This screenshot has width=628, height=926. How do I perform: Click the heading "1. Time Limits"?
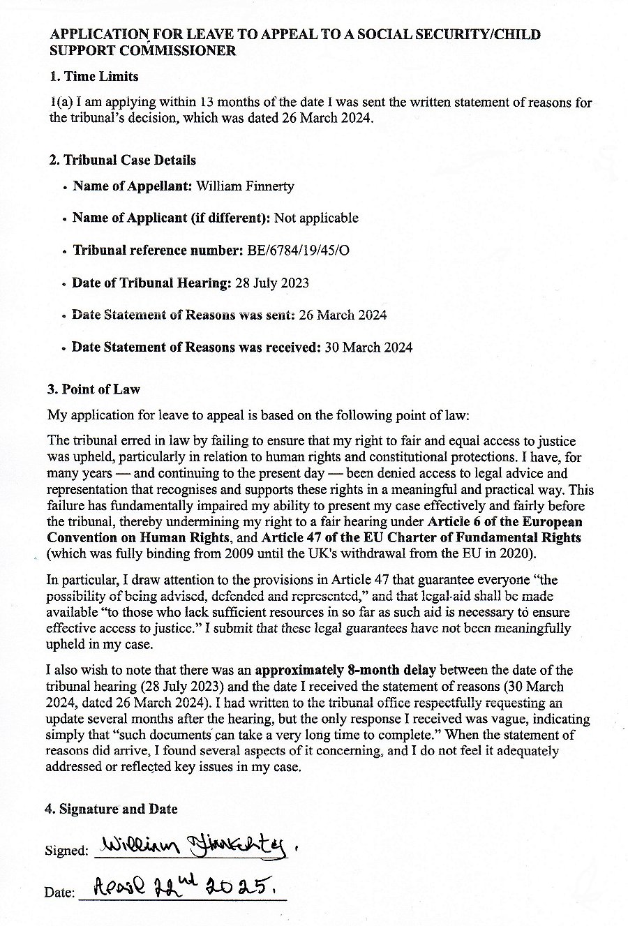pyautogui.click(x=94, y=76)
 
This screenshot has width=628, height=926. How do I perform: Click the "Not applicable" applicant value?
pyautogui.click(x=316, y=218)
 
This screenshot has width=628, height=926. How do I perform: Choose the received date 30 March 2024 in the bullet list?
pyautogui.click(x=368, y=347)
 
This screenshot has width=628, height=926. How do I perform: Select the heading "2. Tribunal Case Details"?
pyautogui.click(x=123, y=160)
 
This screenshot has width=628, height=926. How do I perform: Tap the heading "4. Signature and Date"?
pyautogui.click(x=111, y=809)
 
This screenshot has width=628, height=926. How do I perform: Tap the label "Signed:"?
pyautogui.click(x=66, y=851)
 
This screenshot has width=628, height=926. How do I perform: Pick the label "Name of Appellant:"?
pyautogui.click(x=133, y=186)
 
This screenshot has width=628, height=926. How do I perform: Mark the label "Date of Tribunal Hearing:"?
pyautogui.click(x=151, y=283)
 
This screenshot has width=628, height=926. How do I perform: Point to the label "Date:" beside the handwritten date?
pyautogui.click(x=59, y=892)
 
